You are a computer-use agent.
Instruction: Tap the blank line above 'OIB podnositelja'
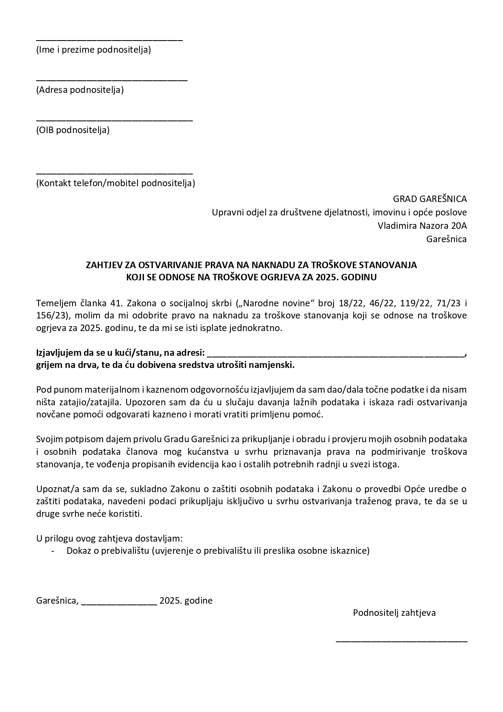114,120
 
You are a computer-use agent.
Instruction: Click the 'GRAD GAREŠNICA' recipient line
430,199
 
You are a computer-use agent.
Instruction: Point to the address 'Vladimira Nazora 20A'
422,226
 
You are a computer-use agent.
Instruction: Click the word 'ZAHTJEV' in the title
103,265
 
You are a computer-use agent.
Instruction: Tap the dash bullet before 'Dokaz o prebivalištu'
53,551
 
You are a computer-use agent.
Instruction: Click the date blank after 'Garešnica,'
119,604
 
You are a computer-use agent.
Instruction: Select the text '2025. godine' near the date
186,601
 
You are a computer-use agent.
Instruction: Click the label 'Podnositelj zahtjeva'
394,613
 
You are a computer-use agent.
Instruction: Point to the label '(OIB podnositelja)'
73,130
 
